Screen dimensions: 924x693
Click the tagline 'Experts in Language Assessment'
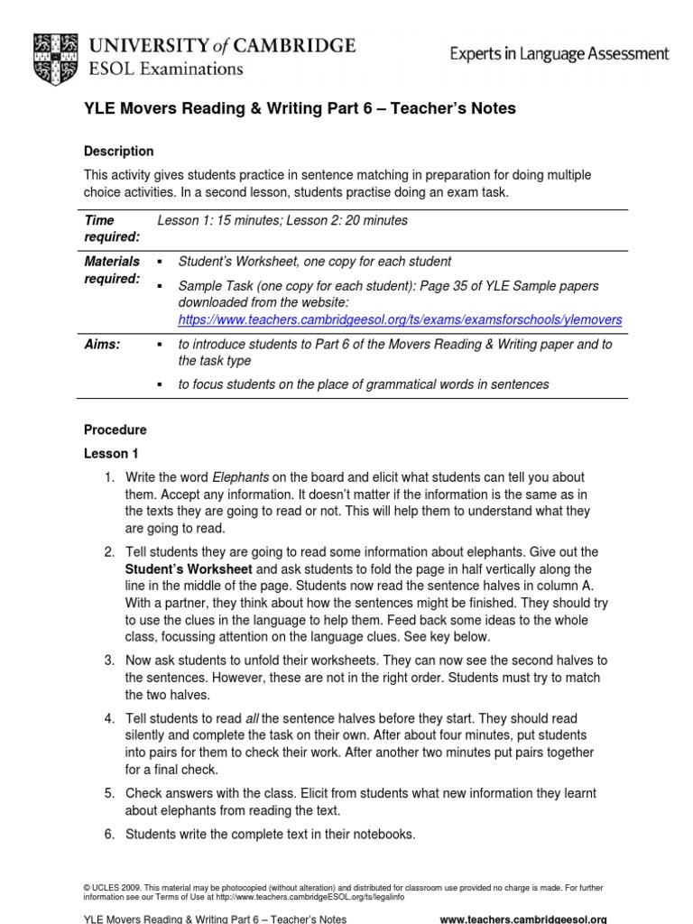(x=559, y=54)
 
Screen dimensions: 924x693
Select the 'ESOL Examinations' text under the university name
(x=165, y=68)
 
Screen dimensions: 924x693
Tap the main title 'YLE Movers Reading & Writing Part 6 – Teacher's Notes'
(x=300, y=109)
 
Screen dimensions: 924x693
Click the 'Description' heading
(x=118, y=152)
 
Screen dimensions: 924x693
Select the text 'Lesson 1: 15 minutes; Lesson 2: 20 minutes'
(x=282, y=220)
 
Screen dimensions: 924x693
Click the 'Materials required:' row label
(x=112, y=270)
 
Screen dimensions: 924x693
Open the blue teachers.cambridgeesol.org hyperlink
(x=400, y=320)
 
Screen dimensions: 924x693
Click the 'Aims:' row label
(x=102, y=345)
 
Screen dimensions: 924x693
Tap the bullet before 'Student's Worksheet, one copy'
(x=160, y=262)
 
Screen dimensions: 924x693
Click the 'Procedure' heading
(x=115, y=430)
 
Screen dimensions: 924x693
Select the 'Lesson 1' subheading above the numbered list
(x=111, y=454)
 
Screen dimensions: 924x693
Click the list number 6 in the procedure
(x=108, y=835)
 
